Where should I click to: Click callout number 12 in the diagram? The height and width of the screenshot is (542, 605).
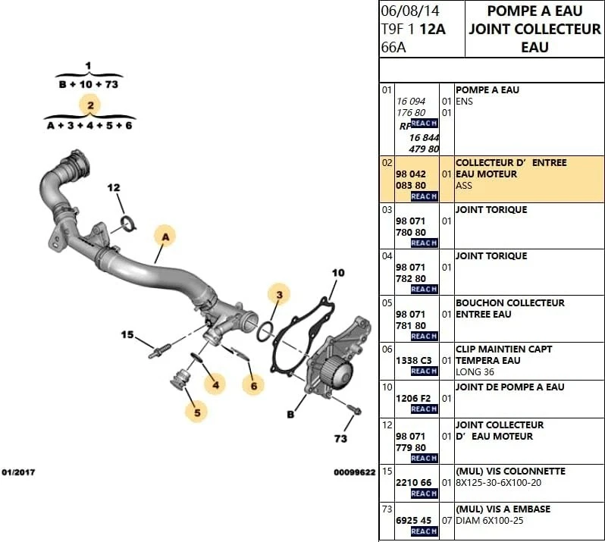click(x=114, y=187)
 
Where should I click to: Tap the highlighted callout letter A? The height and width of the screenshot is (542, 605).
click(x=165, y=237)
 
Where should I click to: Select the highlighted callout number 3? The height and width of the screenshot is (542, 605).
click(x=279, y=294)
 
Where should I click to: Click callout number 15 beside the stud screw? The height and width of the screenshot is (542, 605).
click(x=127, y=334)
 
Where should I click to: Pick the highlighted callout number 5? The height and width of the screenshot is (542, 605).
click(x=196, y=412)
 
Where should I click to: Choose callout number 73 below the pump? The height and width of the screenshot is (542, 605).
click(x=340, y=438)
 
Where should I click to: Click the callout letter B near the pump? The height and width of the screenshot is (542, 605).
click(x=290, y=414)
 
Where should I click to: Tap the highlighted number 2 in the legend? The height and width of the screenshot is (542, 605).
click(x=89, y=105)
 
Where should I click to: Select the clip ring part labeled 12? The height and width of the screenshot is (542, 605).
click(x=130, y=223)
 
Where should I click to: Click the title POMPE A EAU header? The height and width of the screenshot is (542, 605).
click(x=534, y=11)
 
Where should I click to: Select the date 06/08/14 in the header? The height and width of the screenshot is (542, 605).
click(x=410, y=11)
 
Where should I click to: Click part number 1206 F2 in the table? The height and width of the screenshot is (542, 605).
click(x=413, y=398)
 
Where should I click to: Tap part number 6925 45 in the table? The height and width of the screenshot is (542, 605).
click(x=413, y=520)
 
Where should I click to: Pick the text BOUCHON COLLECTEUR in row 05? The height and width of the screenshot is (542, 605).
click(x=509, y=302)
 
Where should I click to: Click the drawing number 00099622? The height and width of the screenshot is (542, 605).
click(x=354, y=472)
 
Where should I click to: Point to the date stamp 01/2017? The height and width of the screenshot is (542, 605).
click(x=18, y=472)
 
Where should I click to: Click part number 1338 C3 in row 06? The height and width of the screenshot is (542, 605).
click(x=413, y=360)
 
